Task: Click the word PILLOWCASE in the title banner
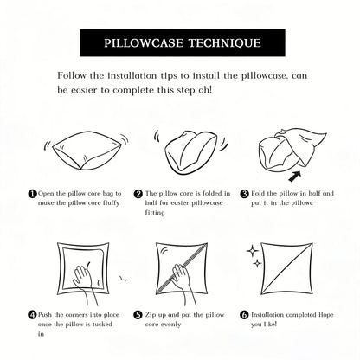tap(144, 43)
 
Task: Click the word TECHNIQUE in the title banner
tap(225, 43)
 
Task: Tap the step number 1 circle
tap(32, 194)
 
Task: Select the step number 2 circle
tap(138, 194)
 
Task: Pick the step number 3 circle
tap(244, 194)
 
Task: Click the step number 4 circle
tap(32, 315)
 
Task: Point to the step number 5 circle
tap(138, 315)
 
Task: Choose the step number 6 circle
tap(244, 315)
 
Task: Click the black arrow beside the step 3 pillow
tap(295, 177)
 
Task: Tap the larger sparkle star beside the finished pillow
tap(253, 251)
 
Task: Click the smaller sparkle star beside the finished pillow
tap(257, 263)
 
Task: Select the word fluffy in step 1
tap(112, 203)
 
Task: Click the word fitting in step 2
tap(155, 213)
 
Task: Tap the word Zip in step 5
tap(151, 315)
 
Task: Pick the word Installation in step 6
tap(267, 315)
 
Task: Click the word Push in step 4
tap(45, 315)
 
